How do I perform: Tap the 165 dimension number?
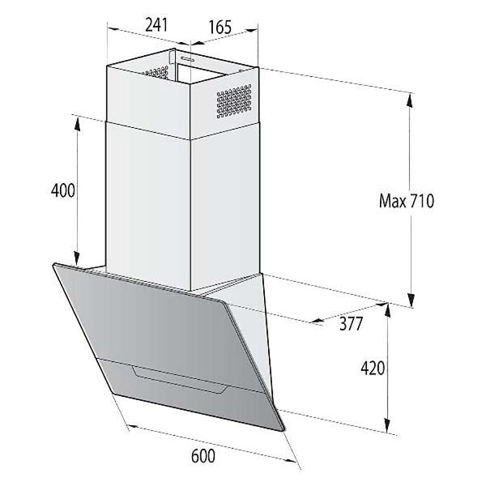click(220, 27)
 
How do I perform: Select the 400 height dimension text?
click(62, 191)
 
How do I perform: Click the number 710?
click(422, 200)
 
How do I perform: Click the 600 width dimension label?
click(203, 456)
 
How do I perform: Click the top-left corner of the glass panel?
click(54, 266)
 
